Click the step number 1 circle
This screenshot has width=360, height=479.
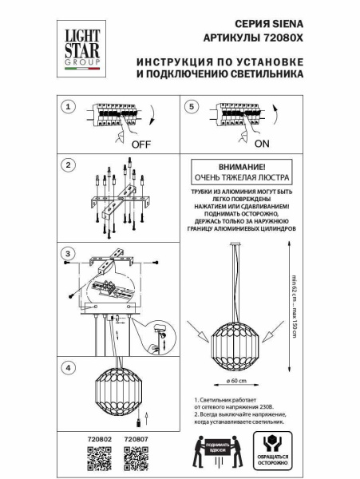coord(69,107)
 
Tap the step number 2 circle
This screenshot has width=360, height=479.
coord(69,165)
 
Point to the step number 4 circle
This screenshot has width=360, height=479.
coord(69,368)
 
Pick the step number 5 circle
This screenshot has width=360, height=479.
coord(190,107)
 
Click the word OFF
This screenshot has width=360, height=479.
coord(141,145)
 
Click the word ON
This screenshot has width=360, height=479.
coord(263,145)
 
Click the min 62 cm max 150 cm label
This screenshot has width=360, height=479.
coord(294,304)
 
